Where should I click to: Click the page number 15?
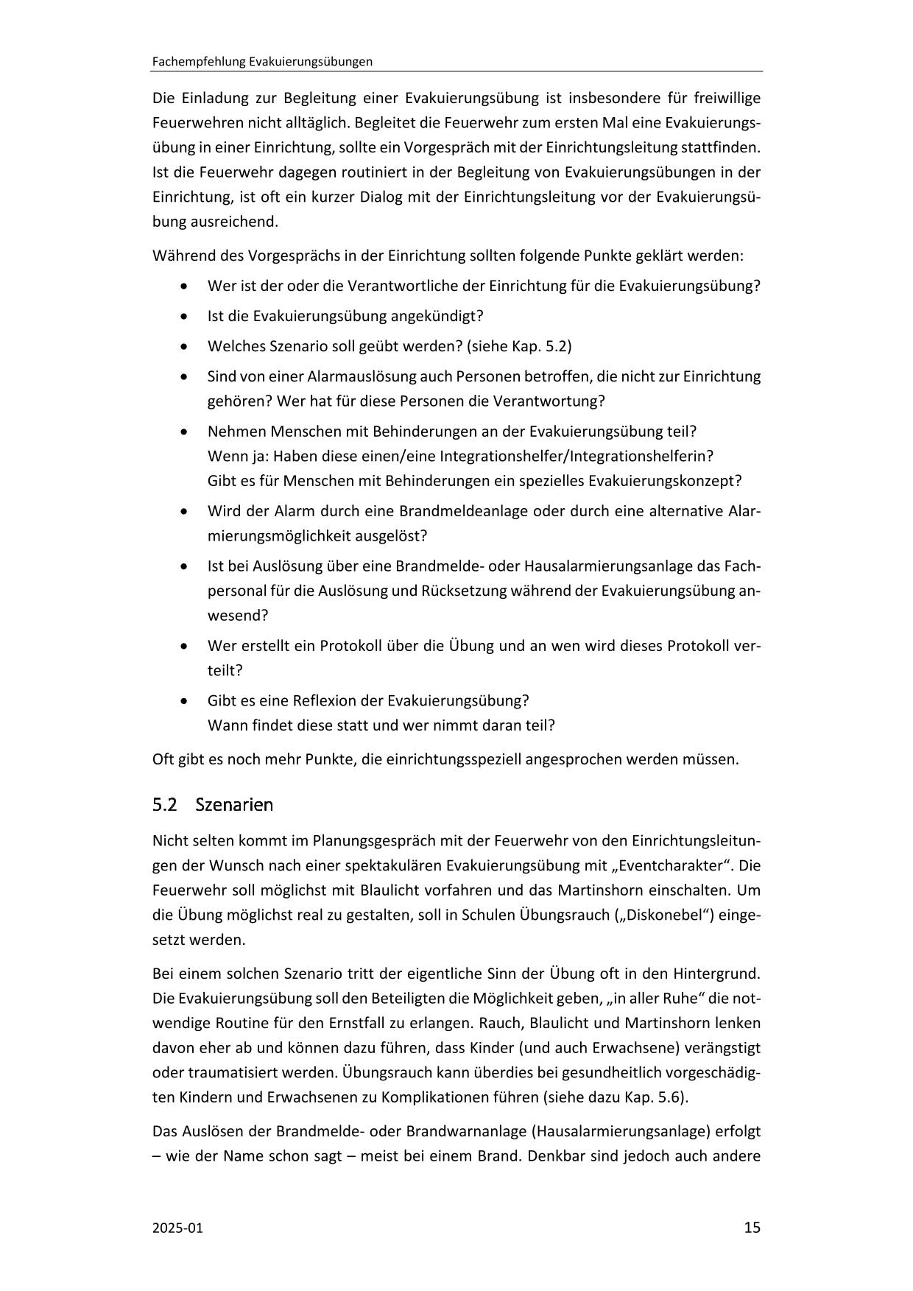752,1228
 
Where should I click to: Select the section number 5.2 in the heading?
165,805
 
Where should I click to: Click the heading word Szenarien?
234,805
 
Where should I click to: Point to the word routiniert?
351,172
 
